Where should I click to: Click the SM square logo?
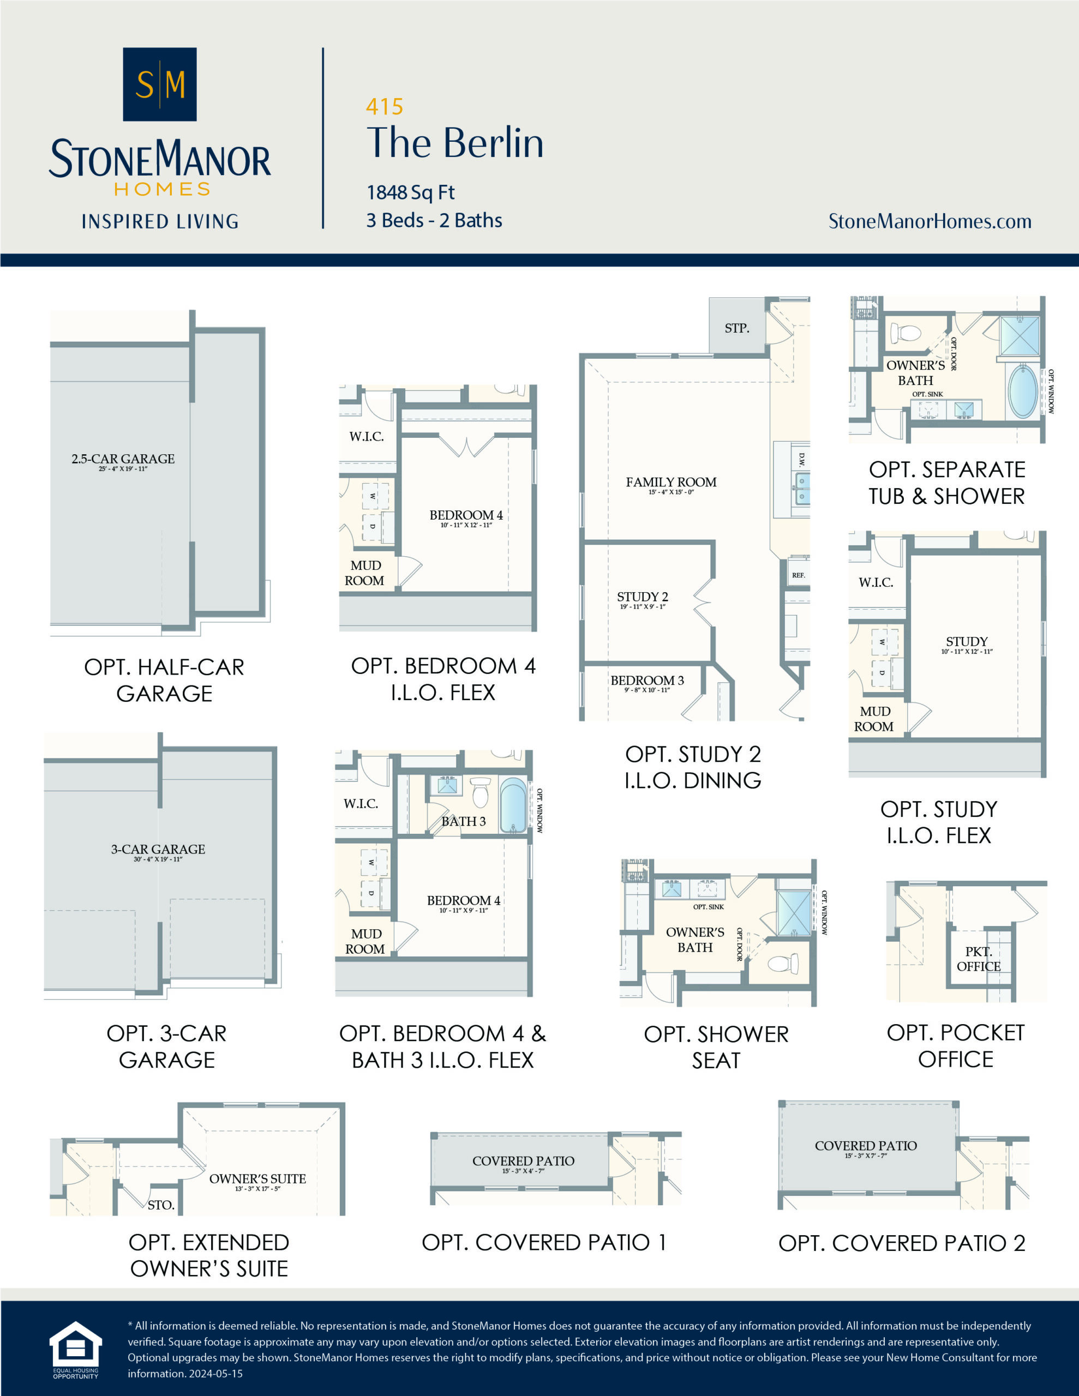pyautogui.click(x=159, y=84)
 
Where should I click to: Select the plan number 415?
pyautogui.click(x=385, y=106)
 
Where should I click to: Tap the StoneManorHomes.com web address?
pyautogui.click(x=930, y=221)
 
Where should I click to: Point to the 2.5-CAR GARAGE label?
pyautogui.click(x=123, y=459)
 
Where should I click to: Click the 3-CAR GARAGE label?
pyautogui.click(x=158, y=850)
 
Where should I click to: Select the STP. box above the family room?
pyautogui.click(x=737, y=328)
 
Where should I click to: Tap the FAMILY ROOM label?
pyautogui.click(x=671, y=482)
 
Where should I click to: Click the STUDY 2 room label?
pyautogui.click(x=642, y=597)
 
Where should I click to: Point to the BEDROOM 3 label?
pyautogui.click(x=646, y=680)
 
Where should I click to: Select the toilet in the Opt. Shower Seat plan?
pyautogui.click(x=782, y=962)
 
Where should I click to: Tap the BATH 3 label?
pyautogui.click(x=463, y=821)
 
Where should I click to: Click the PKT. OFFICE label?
pyautogui.click(x=978, y=959)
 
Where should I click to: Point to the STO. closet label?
pyautogui.click(x=160, y=1205)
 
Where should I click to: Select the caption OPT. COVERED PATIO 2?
pyautogui.click(x=901, y=1243)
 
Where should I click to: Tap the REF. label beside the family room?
pyautogui.click(x=798, y=575)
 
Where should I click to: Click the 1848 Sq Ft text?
pyautogui.click(x=410, y=192)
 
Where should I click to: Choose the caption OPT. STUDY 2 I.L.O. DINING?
pyautogui.click(x=693, y=767)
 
